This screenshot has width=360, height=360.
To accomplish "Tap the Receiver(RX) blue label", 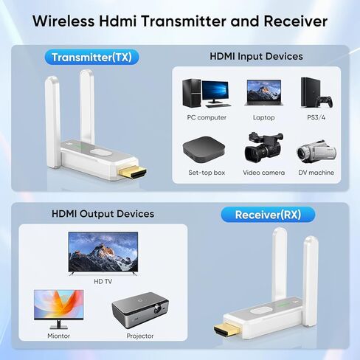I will point(268,215).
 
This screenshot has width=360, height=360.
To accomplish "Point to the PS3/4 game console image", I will point(316,93).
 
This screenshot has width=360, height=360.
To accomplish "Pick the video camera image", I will point(263,148).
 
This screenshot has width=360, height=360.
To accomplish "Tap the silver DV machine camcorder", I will point(316,150).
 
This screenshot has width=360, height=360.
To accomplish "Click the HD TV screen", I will point(103,252).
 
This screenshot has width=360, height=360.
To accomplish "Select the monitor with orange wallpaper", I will point(58,307).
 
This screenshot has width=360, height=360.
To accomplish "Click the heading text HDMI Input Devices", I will point(256,56).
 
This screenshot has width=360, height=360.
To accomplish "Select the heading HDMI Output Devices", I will point(103,214).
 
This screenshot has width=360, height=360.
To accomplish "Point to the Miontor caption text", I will point(58,336).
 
